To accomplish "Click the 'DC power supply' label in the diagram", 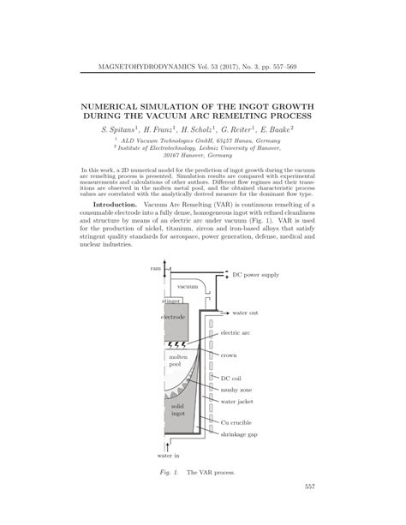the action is point(255,275).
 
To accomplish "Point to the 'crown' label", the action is point(229,354).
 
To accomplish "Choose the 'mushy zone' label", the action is point(237,388).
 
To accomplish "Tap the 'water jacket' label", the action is point(239,400).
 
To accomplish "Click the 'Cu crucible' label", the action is point(237,421).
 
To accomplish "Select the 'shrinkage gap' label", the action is point(241,433).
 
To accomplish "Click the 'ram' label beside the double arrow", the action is point(155,269).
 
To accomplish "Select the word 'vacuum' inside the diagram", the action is point(188,286).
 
